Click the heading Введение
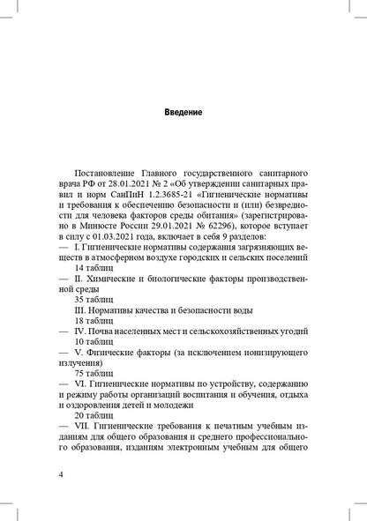click(x=183, y=113)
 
